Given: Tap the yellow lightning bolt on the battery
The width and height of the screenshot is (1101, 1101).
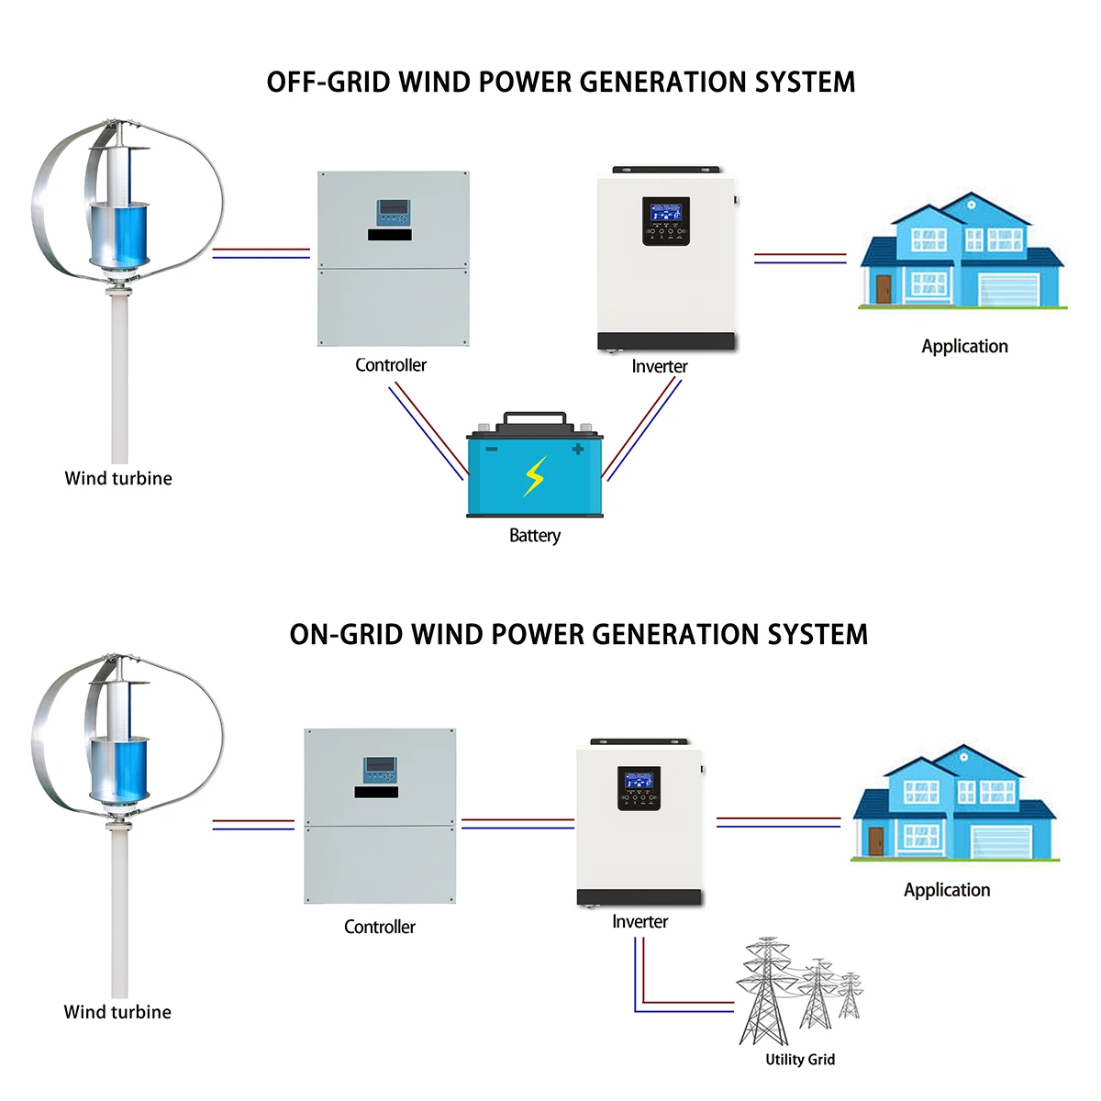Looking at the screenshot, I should pyautogui.click(x=534, y=476).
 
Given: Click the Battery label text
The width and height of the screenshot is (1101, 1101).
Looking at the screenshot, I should pyautogui.click(x=535, y=536).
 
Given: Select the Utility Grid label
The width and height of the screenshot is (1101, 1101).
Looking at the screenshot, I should pyautogui.click(x=800, y=1060).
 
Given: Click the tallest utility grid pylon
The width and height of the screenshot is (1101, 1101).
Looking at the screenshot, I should pyautogui.click(x=764, y=991).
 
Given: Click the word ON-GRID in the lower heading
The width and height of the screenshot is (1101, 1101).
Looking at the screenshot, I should pyautogui.click(x=346, y=635).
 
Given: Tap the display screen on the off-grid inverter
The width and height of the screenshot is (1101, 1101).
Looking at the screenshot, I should pyautogui.click(x=665, y=214).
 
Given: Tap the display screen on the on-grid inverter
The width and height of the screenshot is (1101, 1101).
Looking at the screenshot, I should pyautogui.click(x=639, y=782).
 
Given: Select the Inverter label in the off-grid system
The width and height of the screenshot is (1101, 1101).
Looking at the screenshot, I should pyautogui.click(x=659, y=367).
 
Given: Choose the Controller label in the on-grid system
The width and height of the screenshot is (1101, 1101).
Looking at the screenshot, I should pyautogui.click(x=379, y=928).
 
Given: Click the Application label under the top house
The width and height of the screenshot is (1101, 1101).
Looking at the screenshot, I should pyautogui.click(x=964, y=347).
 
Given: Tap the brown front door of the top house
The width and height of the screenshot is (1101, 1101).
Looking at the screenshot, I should pyautogui.click(x=884, y=289).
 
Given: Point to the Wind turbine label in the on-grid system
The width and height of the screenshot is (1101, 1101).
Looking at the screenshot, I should pyautogui.click(x=117, y=1013).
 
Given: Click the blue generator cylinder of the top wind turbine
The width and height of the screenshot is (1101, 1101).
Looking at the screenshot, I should pyautogui.click(x=117, y=234).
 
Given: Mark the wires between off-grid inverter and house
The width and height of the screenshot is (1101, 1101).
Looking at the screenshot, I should pyautogui.click(x=800, y=259).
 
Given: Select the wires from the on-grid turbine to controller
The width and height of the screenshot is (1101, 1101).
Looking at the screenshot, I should pyautogui.click(x=253, y=825).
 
